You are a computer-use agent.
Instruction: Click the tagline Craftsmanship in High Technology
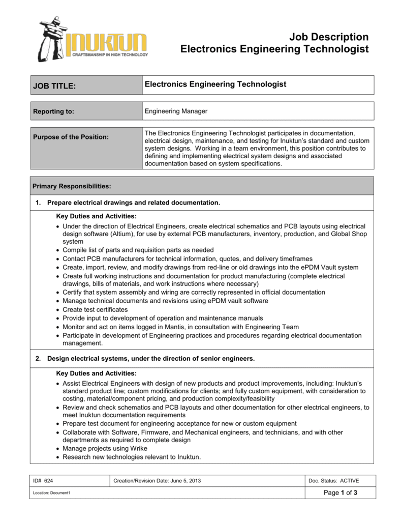(110, 54)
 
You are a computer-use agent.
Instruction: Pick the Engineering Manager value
(176, 111)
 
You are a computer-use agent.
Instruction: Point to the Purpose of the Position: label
(71, 137)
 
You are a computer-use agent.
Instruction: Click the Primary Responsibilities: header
(71, 186)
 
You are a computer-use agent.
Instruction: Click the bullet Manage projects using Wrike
(105, 448)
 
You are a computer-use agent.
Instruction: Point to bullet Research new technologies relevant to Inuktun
(132, 457)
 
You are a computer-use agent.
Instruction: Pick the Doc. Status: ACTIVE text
(334, 481)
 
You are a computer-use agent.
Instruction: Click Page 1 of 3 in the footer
(341, 493)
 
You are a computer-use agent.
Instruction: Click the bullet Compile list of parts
(138, 250)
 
